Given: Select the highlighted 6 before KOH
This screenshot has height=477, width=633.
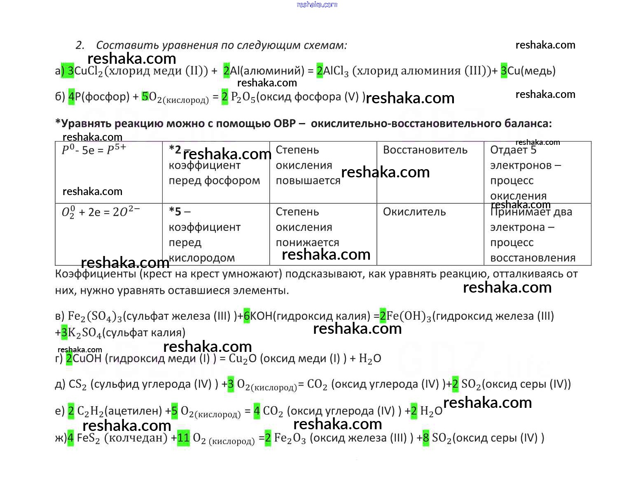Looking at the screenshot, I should click(x=247, y=316).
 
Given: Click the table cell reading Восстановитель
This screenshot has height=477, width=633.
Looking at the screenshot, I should click(x=425, y=150).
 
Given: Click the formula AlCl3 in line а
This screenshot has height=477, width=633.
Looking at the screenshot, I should click(x=336, y=71).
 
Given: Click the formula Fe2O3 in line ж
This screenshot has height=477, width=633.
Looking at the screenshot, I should click(x=290, y=438).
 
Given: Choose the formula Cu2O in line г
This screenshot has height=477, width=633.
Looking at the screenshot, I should click(x=238, y=359).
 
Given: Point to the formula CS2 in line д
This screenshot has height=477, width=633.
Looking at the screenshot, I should click(x=77, y=384).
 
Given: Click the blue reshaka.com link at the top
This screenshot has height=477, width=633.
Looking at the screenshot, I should click(x=317, y=5).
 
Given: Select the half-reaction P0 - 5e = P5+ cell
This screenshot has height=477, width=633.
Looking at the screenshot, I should click(x=94, y=150).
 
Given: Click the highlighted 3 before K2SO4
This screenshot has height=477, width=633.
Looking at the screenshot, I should click(x=64, y=333).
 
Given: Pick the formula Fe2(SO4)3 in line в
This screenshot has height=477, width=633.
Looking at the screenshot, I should click(x=95, y=316).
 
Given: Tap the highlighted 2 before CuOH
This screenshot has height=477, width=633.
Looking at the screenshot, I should click(x=69, y=358).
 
